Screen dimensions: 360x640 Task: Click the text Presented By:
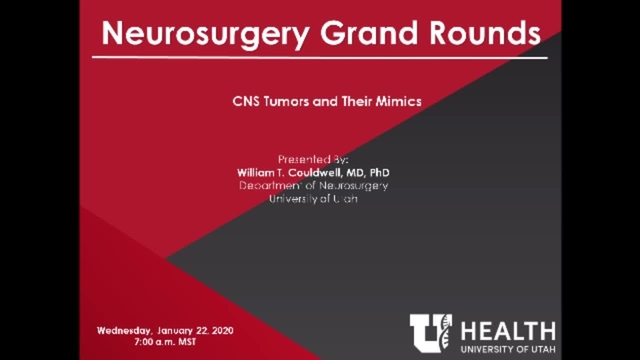click(313, 160)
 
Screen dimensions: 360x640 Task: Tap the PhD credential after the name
click(394, 173)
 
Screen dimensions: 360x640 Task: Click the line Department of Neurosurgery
click(314, 186)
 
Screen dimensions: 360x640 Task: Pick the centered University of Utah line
click(314, 199)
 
